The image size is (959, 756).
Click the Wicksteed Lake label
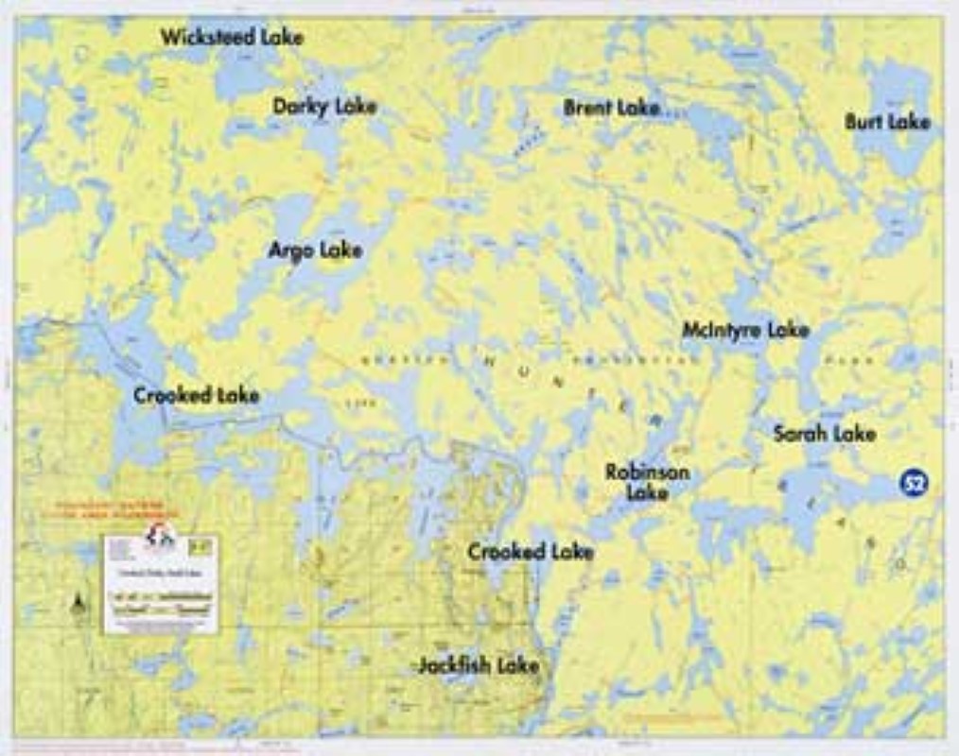coord(232,38)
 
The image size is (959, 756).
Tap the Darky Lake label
coord(324,106)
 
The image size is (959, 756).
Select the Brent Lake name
coord(611,108)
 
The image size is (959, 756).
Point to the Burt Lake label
coord(887,122)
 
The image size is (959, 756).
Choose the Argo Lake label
coord(315,250)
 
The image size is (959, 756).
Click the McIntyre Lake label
coord(745,330)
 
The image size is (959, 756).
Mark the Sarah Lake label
coord(824,434)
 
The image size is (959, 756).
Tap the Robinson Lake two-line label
coord(647,482)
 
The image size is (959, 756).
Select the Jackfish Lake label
coord(479,665)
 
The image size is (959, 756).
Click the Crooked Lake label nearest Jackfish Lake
coord(530,552)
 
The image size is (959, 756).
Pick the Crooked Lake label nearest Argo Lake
coord(196,395)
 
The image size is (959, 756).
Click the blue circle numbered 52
coord(914,484)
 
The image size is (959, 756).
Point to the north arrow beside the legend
coord(77,603)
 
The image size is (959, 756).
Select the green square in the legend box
coord(201,545)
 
